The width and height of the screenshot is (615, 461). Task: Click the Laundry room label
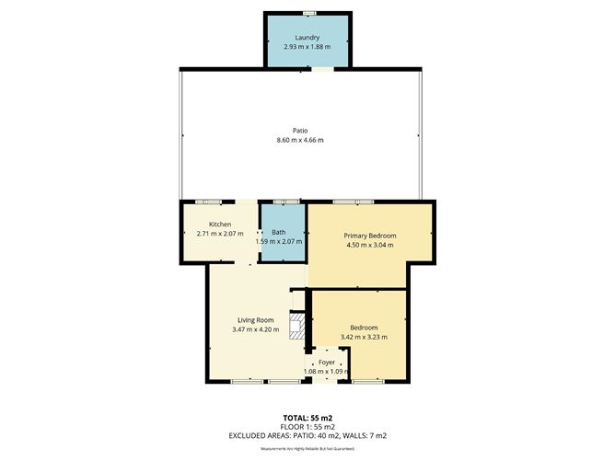[x=307, y=38]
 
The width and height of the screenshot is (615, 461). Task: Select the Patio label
[x=300, y=131]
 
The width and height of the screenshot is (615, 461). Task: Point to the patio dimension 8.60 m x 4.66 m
[x=300, y=140]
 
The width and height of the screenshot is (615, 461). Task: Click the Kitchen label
[x=219, y=225]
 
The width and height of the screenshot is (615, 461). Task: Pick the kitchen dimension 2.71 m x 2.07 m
[x=219, y=234]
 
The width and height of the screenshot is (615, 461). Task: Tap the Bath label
[x=278, y=232]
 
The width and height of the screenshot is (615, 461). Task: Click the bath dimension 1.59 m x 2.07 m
[x=279, y=241]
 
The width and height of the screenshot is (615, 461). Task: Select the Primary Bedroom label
[x=368, y=236]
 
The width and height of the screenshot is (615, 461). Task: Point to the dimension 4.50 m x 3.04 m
[x=368, y=245]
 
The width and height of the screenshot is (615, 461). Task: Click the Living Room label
[x=255, y=320]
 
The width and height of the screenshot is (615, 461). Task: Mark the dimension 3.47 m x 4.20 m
[x=255, y=329]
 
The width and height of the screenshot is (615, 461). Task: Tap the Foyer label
[x=327, y=363]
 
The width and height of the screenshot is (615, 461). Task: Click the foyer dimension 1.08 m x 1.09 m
[x=327, y=372]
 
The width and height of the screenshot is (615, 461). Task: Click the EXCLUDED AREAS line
[x=307, y=435]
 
